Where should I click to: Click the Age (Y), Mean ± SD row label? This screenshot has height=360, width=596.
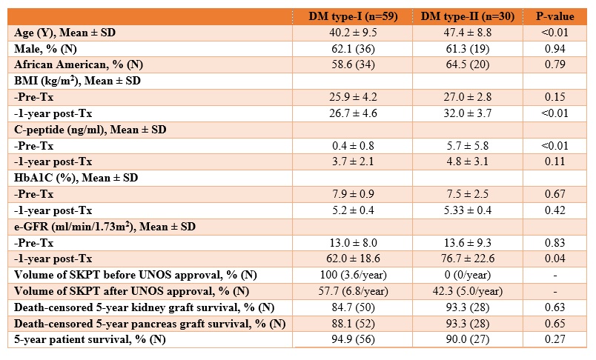tap(64, 33)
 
